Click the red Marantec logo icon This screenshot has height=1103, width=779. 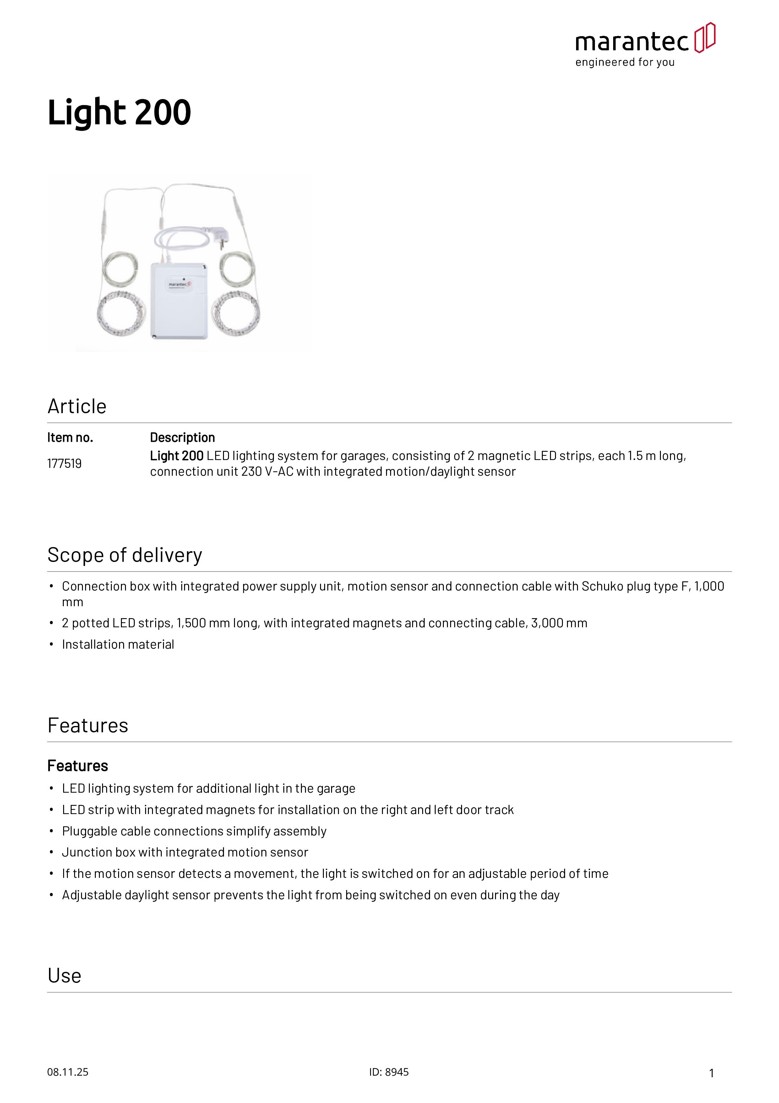click(x=705, y=37)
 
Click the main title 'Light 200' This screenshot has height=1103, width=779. click(x=119, y=113)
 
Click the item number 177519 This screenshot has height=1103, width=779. click(x=64, y=463)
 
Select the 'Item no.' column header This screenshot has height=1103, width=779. click(x=70, y=438)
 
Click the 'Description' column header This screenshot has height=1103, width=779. click(x=182, y=438)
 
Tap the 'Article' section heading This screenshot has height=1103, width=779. click(x=77, y=407)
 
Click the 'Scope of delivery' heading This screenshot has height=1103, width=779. click(x=125, y=555)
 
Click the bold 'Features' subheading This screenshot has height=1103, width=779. click(x=78, y=766)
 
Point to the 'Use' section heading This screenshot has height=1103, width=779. click(x=64, y=976)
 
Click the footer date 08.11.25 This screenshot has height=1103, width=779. click(x=68, y=1072)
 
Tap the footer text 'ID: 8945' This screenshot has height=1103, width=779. click(x=389, y=1072)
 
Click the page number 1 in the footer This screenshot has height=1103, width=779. click(x=711, y=1073)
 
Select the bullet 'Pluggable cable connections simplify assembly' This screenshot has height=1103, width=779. click(x=194, y=831)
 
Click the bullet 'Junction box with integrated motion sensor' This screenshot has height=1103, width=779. click(x=185, y=852)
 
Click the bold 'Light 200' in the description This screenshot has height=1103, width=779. click(x=177, y=456)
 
